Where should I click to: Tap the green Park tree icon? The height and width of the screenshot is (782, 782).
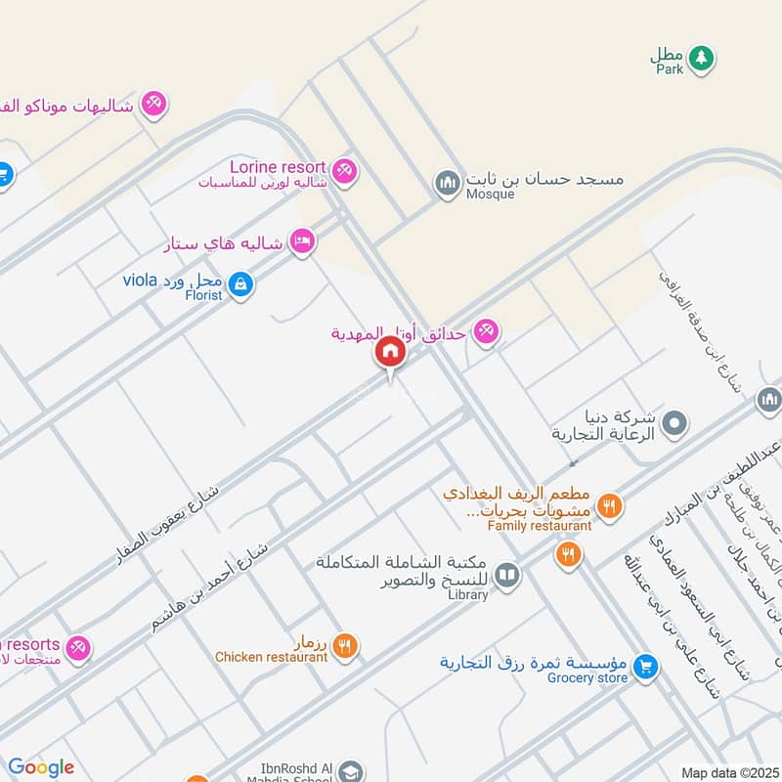tap(699, 59)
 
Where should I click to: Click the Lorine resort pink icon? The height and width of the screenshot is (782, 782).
tap(342, 171)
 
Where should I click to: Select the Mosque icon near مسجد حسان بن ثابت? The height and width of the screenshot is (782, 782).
tap(448, 183)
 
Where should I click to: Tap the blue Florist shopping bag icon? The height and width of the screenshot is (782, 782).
tap(242, 285)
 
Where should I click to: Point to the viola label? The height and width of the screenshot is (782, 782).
tap(140, 281)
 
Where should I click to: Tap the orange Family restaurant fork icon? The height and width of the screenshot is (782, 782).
tap(610, 505)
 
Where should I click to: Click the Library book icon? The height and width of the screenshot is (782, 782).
tap(506, 575)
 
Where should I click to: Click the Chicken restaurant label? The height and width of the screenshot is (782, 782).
tap(271, 657)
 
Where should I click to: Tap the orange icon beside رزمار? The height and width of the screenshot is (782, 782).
tap(343, 644)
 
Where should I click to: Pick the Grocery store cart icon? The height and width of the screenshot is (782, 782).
tap(644, 668)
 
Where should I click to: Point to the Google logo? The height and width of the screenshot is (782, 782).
tap(40, 767)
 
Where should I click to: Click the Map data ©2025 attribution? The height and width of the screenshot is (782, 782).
tap(728, 772)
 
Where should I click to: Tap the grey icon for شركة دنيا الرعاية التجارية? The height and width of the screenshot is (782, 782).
tap(673, 424)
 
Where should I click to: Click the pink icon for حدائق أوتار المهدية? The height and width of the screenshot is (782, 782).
tap(487, 333)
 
